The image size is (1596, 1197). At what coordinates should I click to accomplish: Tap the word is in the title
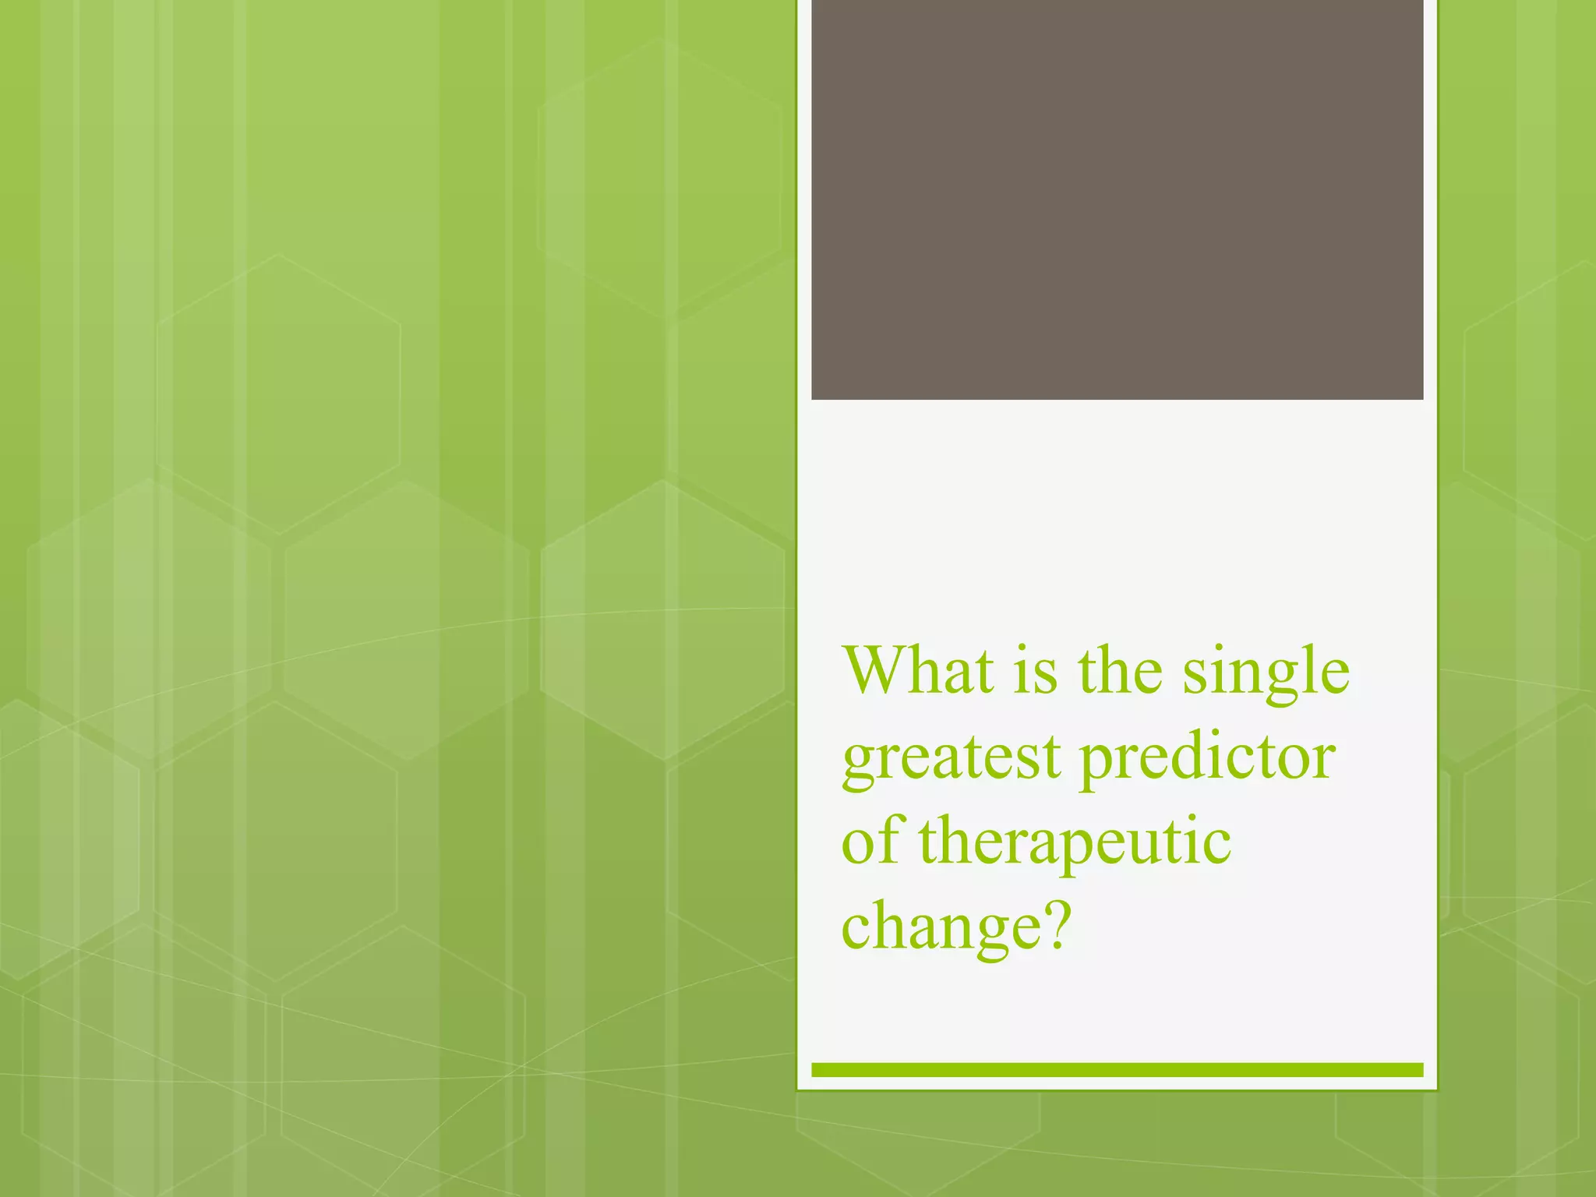[x=1035, y=671]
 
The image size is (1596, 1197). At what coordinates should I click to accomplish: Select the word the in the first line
[x=1121, y=671]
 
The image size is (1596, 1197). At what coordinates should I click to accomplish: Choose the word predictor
[x=1207, y=760]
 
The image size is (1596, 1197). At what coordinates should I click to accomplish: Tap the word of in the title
[x=870, y=842]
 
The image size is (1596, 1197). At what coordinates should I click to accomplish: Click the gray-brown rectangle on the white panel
[x=1117, y=199]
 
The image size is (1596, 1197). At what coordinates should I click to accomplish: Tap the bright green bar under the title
[x=1117, y=1070]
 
